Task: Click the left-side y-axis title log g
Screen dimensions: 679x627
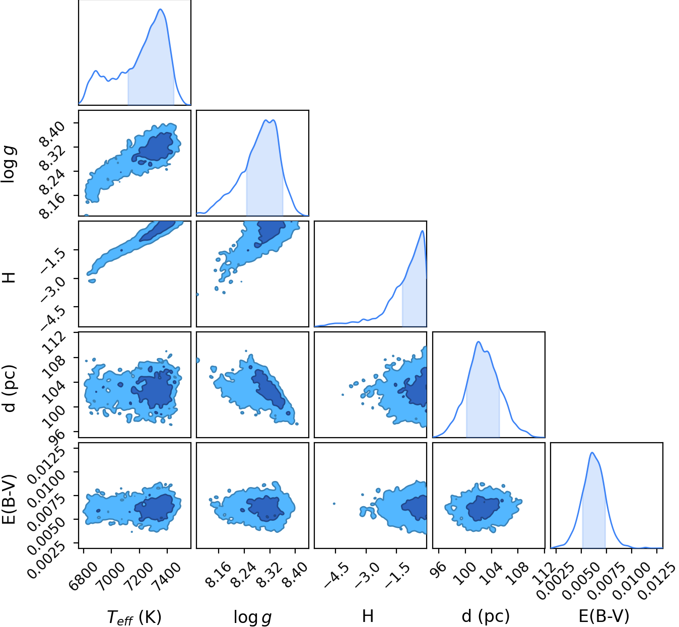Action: pos(9,164)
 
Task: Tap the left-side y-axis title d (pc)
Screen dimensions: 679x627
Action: pos(9,388)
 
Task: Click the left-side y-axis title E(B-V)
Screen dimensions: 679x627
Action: pos(9,499)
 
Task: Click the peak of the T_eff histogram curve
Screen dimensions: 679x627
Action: pos(160,9)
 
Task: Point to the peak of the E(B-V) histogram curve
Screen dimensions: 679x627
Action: pos(592,453)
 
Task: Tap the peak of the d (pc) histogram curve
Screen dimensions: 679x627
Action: pos(479,342)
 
